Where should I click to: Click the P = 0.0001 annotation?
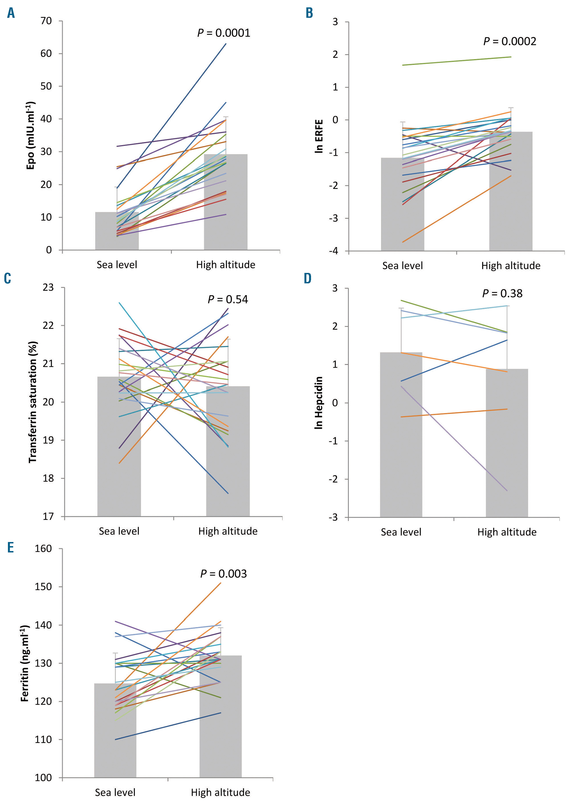pos(223,33)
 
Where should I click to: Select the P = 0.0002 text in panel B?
pos(510,41)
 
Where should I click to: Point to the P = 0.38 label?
pos(502,293)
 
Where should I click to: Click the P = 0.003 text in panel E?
pos(223,574)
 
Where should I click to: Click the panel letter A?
pos(11,13)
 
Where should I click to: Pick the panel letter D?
pos(308,278)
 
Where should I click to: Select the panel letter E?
pos(11,547)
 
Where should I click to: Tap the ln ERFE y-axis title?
pos(319,136)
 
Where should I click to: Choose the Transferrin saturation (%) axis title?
pos(33,402)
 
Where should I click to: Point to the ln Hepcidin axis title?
pos(318,402)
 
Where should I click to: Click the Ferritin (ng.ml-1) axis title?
pos(25,663)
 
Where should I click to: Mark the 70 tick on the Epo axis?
pos(46,21)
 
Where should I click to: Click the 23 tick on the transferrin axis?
pos(48,287)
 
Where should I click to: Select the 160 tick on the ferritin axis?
pos(43,549)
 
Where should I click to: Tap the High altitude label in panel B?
pos(511,266)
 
